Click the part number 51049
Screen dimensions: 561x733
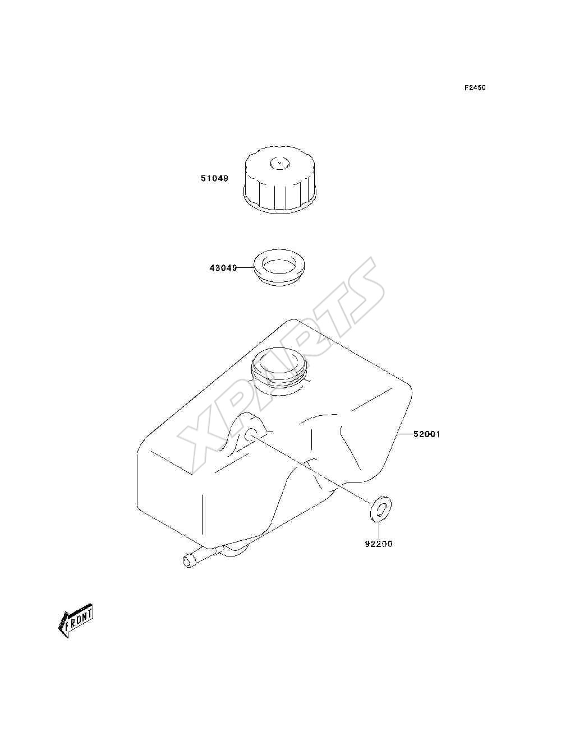click(x=214, y=178)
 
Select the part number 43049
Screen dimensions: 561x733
click(x=223, y=268)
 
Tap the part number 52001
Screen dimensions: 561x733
click(x=427, y=434)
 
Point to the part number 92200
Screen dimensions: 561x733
click(x=379, y=544)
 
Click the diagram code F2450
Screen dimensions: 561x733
click(x=475, y=88)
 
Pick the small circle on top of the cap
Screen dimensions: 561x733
click(x=279, y=163)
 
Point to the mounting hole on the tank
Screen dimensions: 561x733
click(x=251, y=435)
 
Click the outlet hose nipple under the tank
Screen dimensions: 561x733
click(x=201, y=559)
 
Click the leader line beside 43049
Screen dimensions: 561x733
click(x=245, y=268)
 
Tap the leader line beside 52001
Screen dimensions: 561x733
click(x=405, y=434)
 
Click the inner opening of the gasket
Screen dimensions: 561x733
click(x=279, y=264)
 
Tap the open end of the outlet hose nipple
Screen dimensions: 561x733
click(x=188, y=562)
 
